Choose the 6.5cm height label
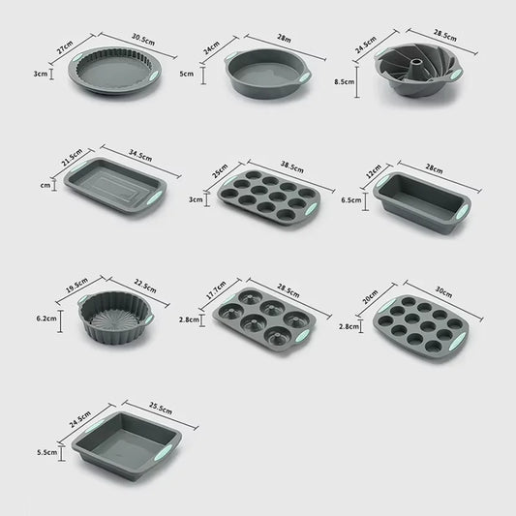352,200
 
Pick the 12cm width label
373,169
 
